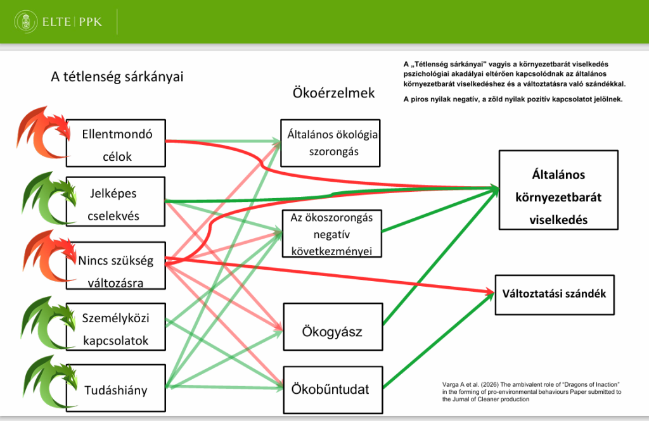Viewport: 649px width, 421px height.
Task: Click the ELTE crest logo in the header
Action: click(x=25, y=23)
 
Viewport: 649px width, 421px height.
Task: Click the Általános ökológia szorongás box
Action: click(x=330, y=142)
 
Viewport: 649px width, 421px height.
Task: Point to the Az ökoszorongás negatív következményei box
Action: click(x=331, y=234)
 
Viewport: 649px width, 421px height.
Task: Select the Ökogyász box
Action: click(x=333, y=332)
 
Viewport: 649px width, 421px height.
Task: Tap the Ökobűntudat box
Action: click(x=333, y=389)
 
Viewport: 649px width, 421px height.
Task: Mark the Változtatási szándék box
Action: click(x=554, y=294)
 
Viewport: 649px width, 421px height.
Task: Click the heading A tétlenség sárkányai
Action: click(x=117, y=77)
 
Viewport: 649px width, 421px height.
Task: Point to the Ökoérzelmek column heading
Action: click(x=333, y=93)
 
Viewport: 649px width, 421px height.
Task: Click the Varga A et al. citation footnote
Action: click(x=531, y=392)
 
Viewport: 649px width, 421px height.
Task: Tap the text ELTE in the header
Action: click(x=57, y=23)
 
